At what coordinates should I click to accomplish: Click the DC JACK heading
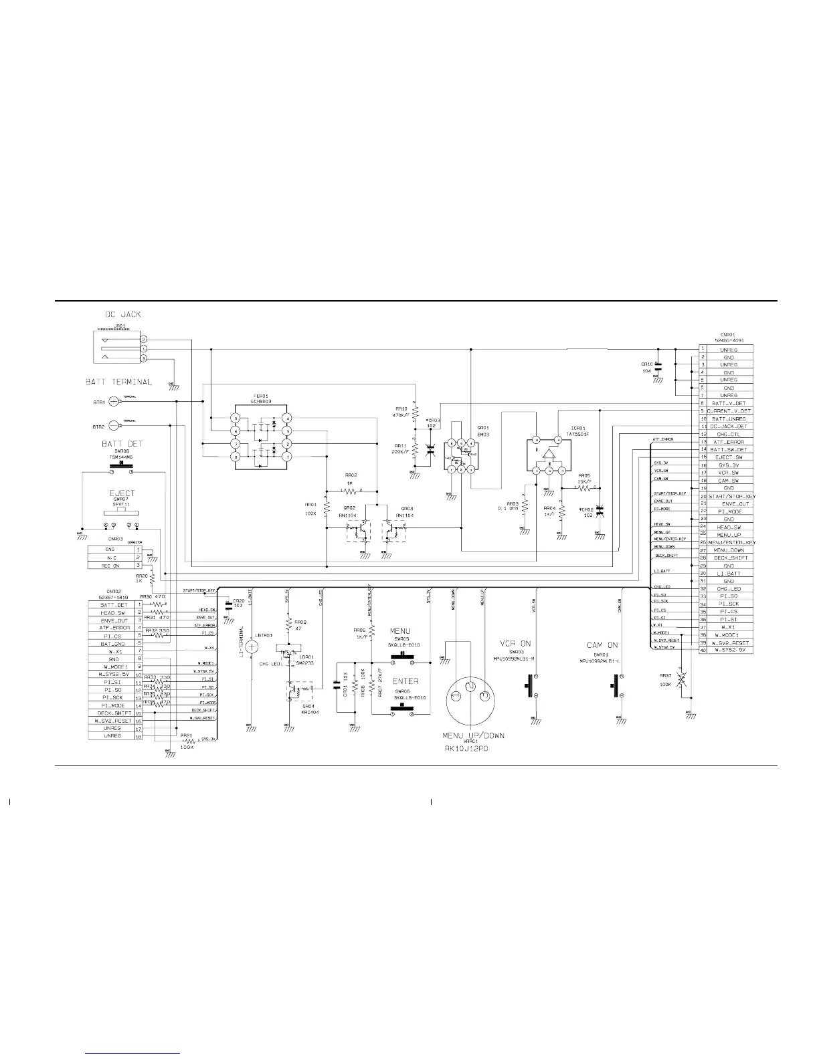pyautogui.click(x=122, y=314)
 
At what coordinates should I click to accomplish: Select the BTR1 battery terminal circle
pyautogui.click(x=114, y=401)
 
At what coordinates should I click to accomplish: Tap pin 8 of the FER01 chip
pyautogui.click(x=236, y=456)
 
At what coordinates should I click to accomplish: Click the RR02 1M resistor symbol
pyautogui.click(x=351, y=491)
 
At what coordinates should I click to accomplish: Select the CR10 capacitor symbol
pyautogui.click(x=658, y=366)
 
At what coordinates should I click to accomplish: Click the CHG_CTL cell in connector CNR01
pyautogui.click(x=728, y=434)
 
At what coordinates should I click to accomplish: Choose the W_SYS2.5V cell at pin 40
pyautogui.click(x=728, y=650)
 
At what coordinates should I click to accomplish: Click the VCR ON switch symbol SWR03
pyautogui.click(x=533, y=685)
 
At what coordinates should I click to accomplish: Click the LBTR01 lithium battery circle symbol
pyautogui.click(x=252, y=646)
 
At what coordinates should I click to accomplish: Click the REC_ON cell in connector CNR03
pyautogui.click(x=110, y=566)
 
